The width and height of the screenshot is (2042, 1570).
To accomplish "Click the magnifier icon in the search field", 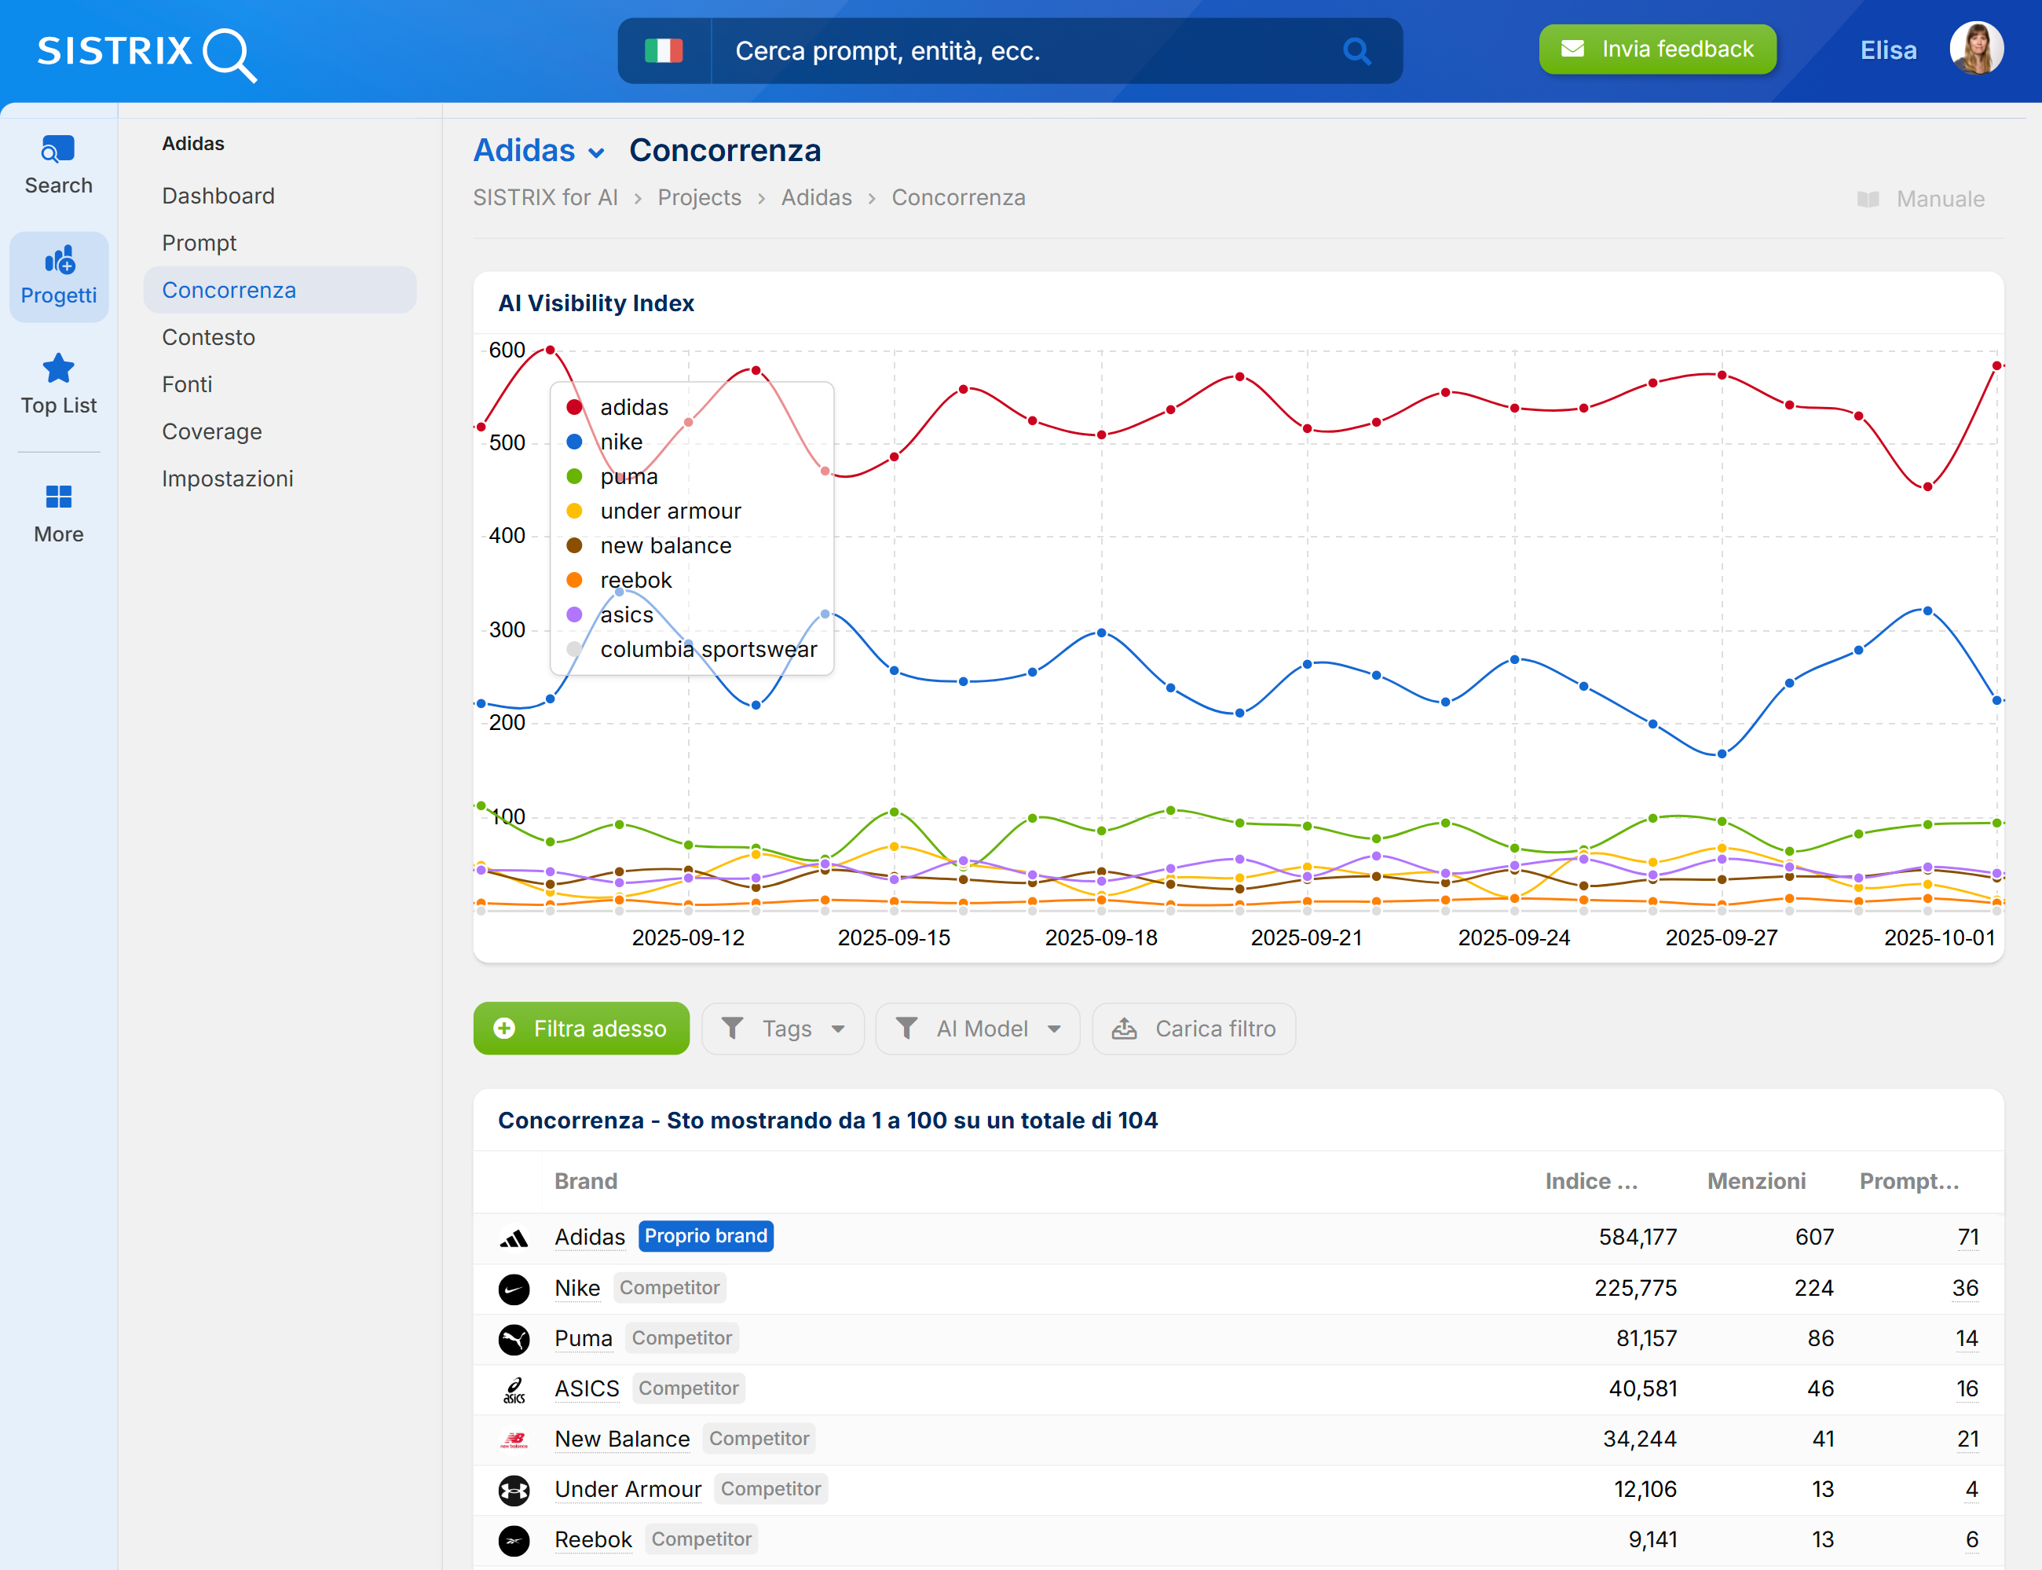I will pos(1356,50).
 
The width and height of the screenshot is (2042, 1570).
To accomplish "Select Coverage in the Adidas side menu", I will pos(211,431).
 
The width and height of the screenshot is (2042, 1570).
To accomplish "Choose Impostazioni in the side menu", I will pos(227,479).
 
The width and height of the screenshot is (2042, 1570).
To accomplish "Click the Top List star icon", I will pos(58,369).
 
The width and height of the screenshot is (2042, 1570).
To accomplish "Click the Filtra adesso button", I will pos(581,1028).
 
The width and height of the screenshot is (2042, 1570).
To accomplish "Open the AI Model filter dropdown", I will pos(977,1028).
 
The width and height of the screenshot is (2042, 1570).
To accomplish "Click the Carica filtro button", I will pos(1193,1028).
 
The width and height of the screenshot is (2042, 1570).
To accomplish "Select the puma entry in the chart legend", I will pos(628,477).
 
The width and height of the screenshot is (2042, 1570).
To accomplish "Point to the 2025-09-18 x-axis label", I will pos(1100,937).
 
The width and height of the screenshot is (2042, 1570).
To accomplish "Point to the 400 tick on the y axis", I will pos(507,535).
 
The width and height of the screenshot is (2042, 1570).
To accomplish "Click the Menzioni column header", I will pos(1755,1181).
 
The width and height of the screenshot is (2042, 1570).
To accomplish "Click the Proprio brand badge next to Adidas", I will pos(705,1236).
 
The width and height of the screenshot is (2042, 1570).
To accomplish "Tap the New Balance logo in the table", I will pos(514,1440).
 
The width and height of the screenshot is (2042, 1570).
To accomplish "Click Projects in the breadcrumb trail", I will pos(699,198).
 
